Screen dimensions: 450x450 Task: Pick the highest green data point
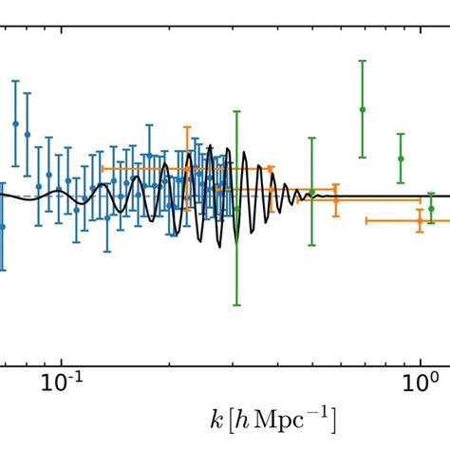pyautogui.click(x=362, y=109)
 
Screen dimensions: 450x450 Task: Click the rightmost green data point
pyautogui.click(x=431, y=208)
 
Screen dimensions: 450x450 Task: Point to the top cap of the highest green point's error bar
pyautogui.click(x=362, y=62)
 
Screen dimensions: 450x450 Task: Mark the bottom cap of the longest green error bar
pyautogui.click(x=236, y=305)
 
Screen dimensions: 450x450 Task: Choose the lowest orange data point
pyautogui.click(x=419, y=220)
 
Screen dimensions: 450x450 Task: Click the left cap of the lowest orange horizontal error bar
pyautogui.click(x=366, y=220)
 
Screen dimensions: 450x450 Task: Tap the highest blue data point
pyautogui.click(x=15, y=123)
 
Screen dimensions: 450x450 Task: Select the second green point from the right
pyautogui.click(x=401, y=159)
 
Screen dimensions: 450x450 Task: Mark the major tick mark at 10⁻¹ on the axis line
pyautogui.click(x=61, y=365)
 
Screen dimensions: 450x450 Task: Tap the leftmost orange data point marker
pyautogui.click(x=187, y=168)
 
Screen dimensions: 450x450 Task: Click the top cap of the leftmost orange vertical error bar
pyautogui.click(x=187, y=126)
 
